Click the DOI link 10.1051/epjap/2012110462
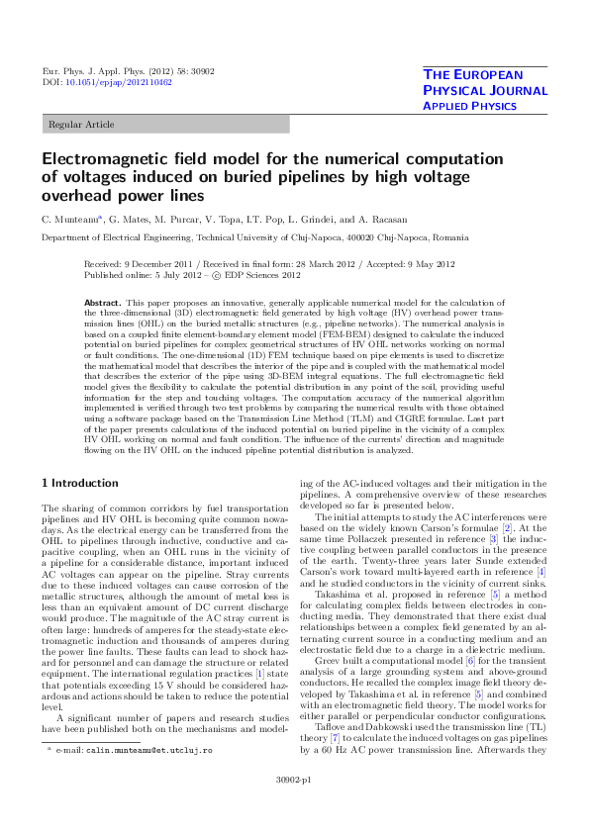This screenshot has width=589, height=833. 116,83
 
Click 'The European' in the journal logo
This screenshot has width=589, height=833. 485,75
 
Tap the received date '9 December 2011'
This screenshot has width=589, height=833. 173,265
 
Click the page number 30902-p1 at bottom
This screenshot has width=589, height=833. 294,808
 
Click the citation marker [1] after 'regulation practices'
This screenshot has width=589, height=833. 259,672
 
